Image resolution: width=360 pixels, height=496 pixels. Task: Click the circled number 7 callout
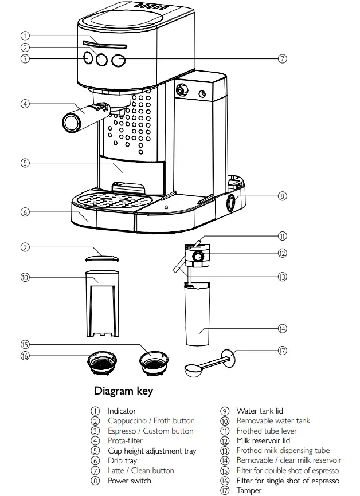click(x=282, y=58)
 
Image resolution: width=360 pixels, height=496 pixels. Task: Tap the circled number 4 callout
click(x=24, y=104)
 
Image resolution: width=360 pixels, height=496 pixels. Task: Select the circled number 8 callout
click(x=282, y=196)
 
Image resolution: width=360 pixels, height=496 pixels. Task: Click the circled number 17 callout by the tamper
click(x=282, y=351)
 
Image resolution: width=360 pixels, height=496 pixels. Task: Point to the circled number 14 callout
click(x=282, y=329)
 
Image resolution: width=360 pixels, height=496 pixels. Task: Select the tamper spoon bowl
click(x=193, y=370)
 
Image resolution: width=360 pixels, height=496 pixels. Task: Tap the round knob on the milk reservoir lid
click(x=198, y=257)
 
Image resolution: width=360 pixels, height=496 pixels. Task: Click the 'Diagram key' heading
click(x=123, y=392)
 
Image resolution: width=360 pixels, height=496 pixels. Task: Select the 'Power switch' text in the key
click(x=130, y=481)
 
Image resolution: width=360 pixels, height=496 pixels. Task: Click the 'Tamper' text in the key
click(x=249, y=490)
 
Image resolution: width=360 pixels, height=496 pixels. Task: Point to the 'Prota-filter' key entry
click(x=125, y=440)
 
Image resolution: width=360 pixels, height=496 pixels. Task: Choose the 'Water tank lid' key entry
click(x=260, y=411)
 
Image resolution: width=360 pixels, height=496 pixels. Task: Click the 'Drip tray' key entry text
click(x=122, y=460)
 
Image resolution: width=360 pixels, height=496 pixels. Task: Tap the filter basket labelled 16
click(x=101, y=362)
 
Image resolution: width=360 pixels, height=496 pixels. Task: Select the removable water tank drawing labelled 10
click(x=103, y=304)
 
